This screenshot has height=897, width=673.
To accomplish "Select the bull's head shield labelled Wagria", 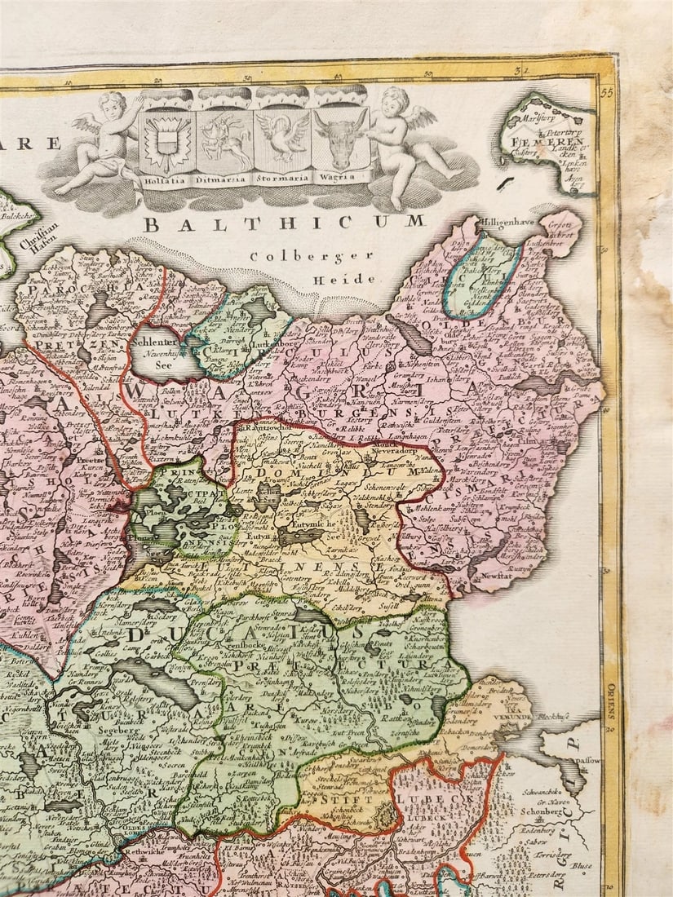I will pos(340,137).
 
